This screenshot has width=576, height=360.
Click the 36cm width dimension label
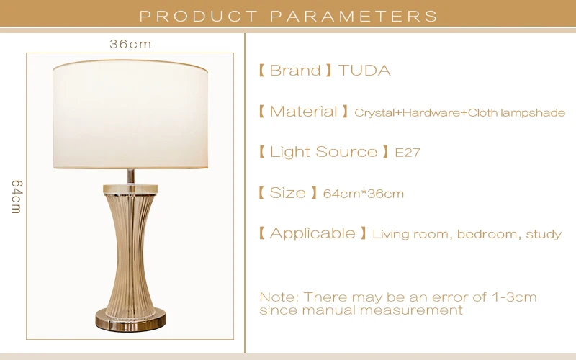(130, 44)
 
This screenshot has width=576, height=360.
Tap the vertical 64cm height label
(17, 197)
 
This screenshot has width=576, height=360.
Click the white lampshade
(130, 114)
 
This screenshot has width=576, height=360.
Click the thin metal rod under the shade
(130, 176)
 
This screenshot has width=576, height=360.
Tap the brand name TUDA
(364, 71)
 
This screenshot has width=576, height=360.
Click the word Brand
(295, 71)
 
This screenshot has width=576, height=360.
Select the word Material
(303, 112)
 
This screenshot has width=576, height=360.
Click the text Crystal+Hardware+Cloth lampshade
(459, 112)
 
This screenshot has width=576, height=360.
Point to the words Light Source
(323, 152)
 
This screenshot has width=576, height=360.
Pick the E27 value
(408, 153)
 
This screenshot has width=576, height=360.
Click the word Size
(287, 193)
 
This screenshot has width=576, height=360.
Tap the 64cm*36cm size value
(364, 194)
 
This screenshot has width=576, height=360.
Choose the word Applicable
(312, 233)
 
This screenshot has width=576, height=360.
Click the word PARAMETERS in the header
(354, 16)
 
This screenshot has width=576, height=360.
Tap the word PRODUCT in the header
(199, 16)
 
